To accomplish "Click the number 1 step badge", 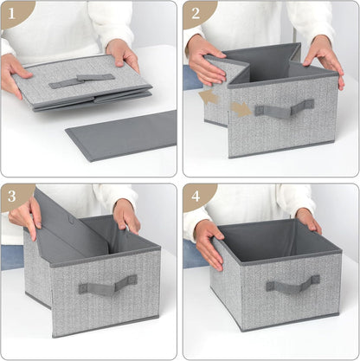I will (x=13, y=11).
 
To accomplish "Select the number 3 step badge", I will (x=13, y=195).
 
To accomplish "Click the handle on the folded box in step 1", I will (x=80, y=81).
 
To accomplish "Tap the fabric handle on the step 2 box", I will (x=284, y=109).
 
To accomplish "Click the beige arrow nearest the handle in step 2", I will (x=241, y=109).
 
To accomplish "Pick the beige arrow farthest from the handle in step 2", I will (x=209, y=98).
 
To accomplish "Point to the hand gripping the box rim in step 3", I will (x=127, y=215).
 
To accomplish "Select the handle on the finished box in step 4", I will (x=292, y=285).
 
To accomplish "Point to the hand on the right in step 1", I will (x=122, y=54).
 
